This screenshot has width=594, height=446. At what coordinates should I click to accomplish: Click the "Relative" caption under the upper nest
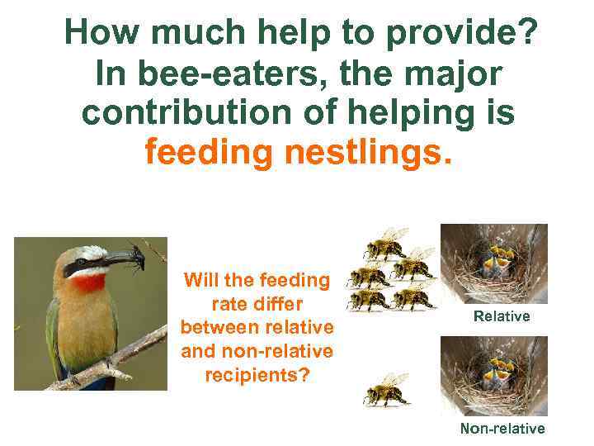[502, 316]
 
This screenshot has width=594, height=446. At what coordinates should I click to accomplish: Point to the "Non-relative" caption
[502, 429]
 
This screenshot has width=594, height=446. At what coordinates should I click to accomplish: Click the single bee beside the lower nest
[386, 390]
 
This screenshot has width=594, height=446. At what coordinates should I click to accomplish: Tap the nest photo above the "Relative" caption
[493, 263]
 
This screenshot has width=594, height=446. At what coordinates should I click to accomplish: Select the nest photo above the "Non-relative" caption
[493, 376]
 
